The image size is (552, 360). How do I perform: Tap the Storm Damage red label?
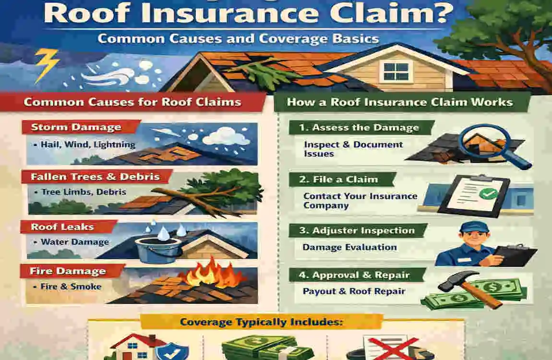tap(76, 128)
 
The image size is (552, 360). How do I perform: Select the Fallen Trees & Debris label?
tap(95, 177)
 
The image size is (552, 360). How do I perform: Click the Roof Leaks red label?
tap(62, 227)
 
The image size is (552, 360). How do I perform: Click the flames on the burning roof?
tap(209, 274)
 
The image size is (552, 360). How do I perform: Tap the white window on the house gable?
tap(396, 71)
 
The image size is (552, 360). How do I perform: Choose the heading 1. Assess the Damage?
tap(360, 128)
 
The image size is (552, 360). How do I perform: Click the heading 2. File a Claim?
tap(339, 180)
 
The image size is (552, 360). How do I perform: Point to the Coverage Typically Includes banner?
tap(262, 322)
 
